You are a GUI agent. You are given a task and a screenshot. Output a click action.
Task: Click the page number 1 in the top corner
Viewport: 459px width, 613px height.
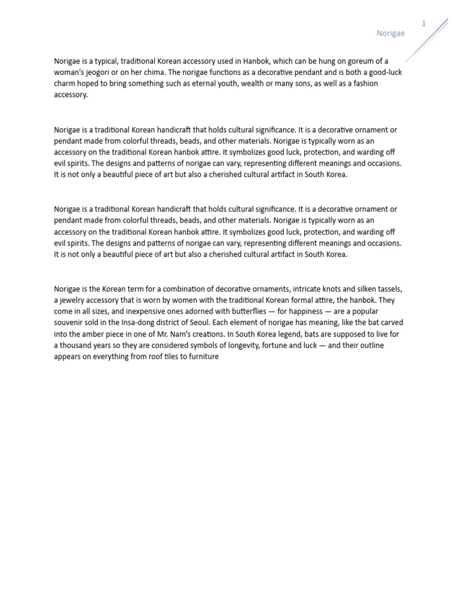[423, 23]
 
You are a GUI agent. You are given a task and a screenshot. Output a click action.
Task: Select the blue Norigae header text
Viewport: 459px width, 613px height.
[390, 34]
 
